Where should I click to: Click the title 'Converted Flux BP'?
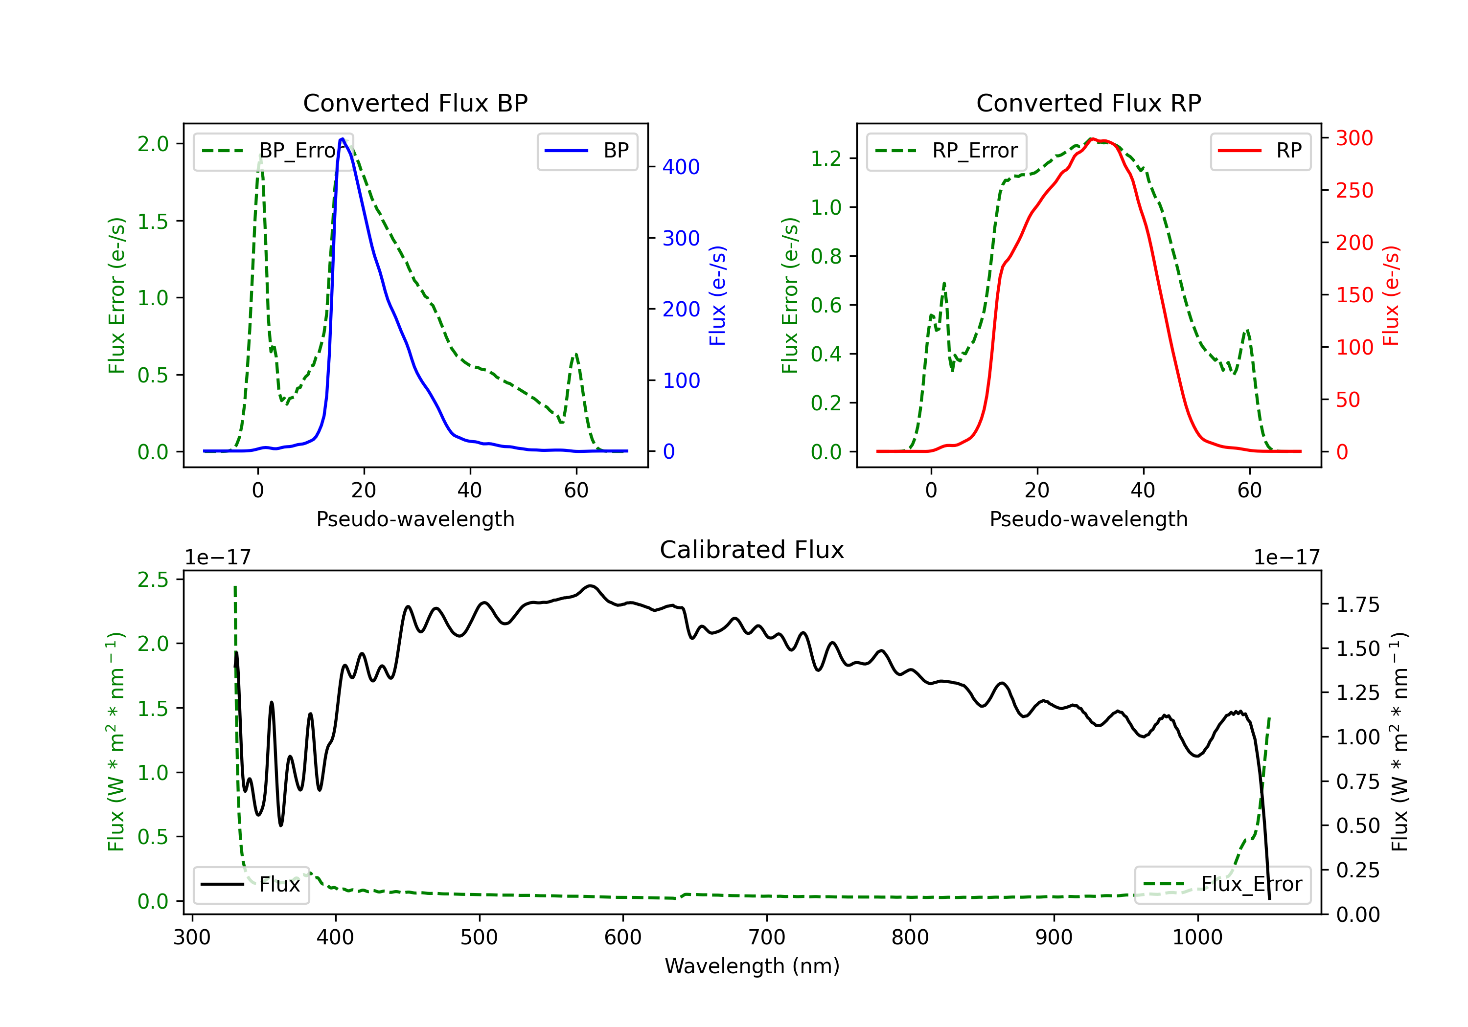(415, 103)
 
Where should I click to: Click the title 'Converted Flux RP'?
(1088, 103)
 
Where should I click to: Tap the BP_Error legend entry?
(274, 151)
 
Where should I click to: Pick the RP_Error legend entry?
(946, 151)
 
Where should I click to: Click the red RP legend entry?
(1260, 151)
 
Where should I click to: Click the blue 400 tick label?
(681, 167)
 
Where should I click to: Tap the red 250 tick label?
(1354, 190)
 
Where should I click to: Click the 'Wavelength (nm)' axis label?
(752, 966)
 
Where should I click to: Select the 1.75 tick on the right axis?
(1358, 604)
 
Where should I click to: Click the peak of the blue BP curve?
(342, 139)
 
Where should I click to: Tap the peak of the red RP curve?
(1092, 139)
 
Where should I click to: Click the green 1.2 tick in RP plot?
(826, 158)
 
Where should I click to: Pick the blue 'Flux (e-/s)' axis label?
(717, 295)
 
